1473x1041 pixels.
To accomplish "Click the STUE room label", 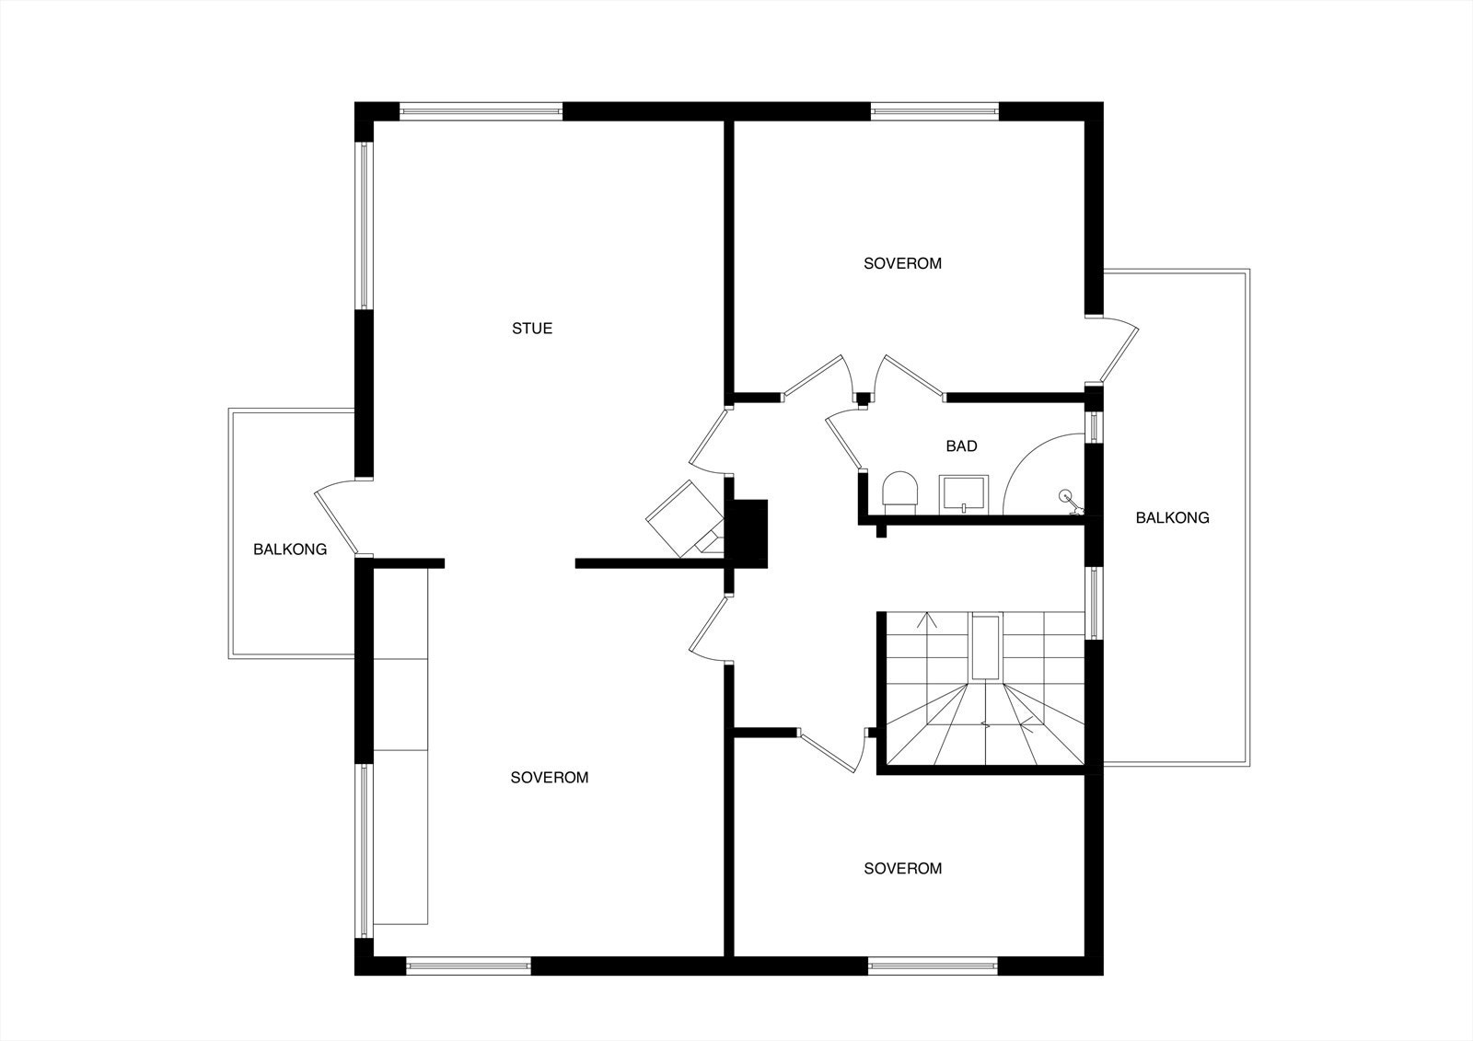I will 532,329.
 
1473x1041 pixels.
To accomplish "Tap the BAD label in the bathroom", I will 961,446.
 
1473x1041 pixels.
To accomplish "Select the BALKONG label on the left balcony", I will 290,549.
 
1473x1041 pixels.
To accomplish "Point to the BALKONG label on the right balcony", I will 1172,517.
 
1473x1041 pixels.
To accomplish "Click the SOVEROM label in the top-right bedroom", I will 902,263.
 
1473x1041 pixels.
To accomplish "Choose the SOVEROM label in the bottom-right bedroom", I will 902,868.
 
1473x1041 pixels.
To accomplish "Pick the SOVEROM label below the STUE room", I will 549,778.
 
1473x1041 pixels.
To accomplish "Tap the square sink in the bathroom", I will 963,492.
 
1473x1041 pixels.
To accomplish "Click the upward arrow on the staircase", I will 927,621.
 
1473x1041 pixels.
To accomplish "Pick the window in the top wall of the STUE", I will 481,111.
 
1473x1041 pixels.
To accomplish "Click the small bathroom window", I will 1094,428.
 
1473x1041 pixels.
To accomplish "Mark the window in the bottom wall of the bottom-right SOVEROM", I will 933,966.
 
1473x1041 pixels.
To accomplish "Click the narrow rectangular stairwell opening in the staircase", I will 985,648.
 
